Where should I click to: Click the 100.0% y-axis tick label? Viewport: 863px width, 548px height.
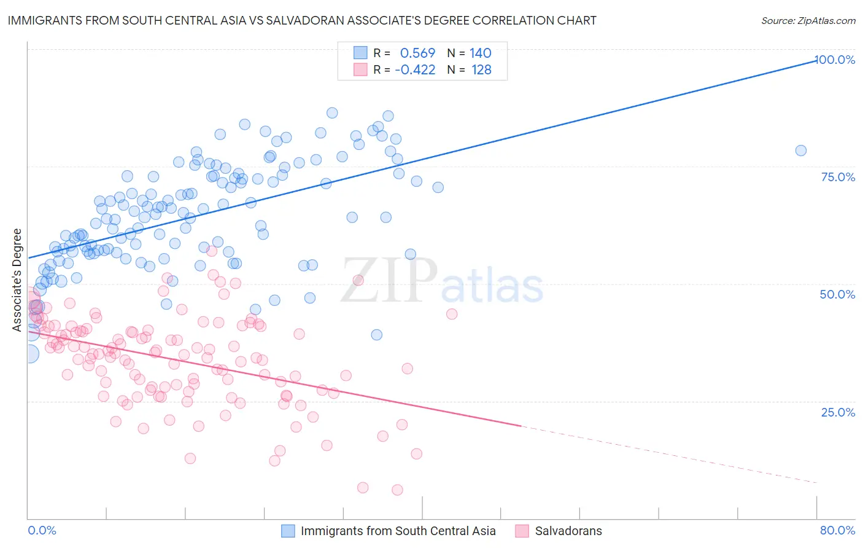[x=835, y=60]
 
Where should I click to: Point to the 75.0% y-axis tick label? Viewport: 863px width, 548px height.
[x=838, y=177]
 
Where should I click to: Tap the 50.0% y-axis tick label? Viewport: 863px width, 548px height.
[x=837, y=294]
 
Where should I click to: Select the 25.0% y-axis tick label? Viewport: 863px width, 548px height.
[x=838, y=412]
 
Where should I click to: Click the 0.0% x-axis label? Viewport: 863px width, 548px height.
[x=42, y=530]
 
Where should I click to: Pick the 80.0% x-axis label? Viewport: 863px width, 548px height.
[x=837, y=530]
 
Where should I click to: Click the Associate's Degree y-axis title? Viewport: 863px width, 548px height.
[x=17, y=280]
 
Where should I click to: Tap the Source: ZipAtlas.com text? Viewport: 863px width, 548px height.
[x=808, y=21]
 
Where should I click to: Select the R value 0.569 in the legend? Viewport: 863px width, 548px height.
[x=417, y=53]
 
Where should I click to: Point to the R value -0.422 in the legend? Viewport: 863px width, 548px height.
[x=415, y=70]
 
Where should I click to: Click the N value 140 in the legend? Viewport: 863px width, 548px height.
[x=481, y=53]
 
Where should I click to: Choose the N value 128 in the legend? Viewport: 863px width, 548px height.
[x=481, y=70]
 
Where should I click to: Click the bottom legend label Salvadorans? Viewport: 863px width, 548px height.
[x=568, y=531]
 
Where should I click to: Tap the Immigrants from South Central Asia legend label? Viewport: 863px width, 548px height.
[x=398, y=531]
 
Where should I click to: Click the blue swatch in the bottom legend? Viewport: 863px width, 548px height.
[x=288, y=531]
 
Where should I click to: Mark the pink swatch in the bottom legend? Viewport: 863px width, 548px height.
[x=522, y=531]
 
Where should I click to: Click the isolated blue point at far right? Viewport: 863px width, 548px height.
[x=800, y=151]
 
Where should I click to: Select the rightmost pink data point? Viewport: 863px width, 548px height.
[x=452, y=314]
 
